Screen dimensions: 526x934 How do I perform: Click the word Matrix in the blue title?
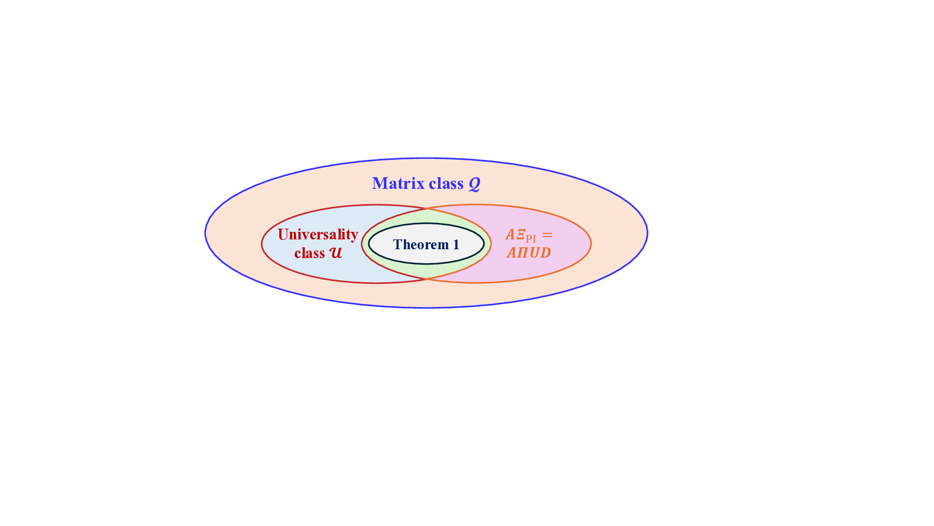point(398,183)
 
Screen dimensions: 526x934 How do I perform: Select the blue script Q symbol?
point(474,184)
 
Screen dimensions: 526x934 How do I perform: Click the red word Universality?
point(318,234)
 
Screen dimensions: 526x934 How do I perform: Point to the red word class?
point(309,253)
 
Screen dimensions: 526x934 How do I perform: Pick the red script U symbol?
point(336,253)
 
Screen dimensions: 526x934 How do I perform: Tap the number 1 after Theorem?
point(456,244)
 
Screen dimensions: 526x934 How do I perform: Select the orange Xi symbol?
point(521,234)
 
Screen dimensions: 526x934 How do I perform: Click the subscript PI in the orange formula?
point(531,238)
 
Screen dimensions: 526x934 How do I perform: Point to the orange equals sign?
point(547,235)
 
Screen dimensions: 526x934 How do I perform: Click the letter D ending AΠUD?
point(545,253)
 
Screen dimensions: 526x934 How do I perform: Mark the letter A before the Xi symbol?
point(510,234)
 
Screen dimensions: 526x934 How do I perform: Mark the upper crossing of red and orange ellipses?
point(426,209)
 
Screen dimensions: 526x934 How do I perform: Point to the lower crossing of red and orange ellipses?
point(426,279)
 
